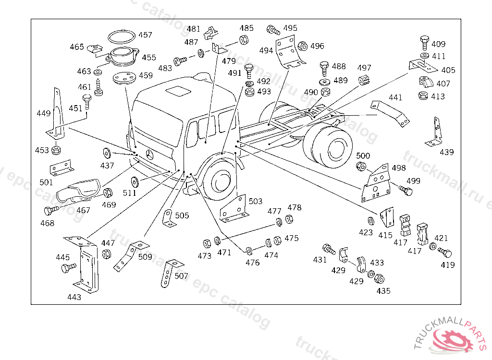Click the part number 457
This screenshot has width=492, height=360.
tap(145, 35)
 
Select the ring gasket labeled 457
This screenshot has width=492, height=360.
tap(121, 37)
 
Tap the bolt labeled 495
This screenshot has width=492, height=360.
tap(273, 31)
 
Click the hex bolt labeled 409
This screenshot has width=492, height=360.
tap(424, 42)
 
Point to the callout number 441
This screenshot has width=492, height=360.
tap(395, 97)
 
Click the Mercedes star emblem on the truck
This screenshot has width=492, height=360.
tap(150, 155)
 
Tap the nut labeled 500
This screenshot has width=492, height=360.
tap(362, 167)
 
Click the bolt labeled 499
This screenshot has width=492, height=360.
tap(406, 191)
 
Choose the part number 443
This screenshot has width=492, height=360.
tap(74, 297)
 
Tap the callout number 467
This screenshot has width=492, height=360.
tap(83, 210)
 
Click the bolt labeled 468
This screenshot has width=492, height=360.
tap(50, 210)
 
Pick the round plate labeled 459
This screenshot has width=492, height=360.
tap(123, 78)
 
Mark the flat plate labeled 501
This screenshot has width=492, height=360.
tap(61, 168)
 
